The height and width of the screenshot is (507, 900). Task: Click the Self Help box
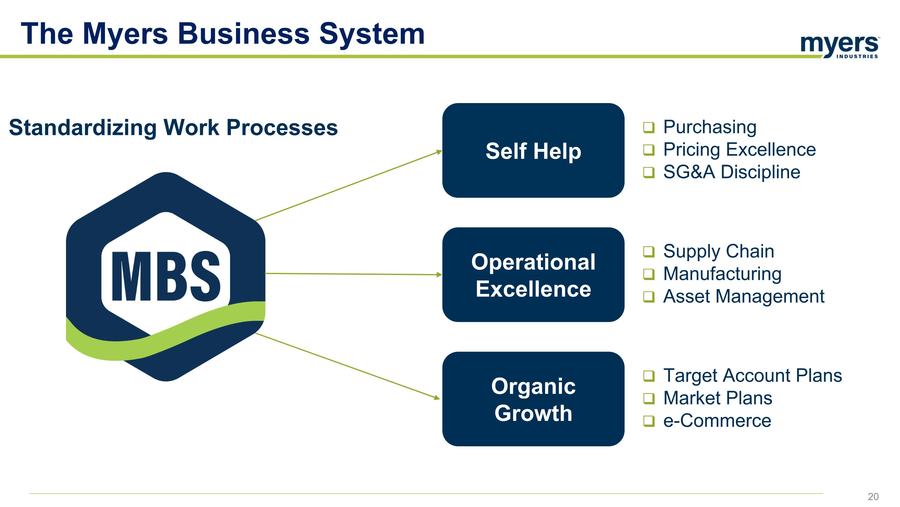tap(533, 151)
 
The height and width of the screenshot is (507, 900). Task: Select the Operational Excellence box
tap(533, 275)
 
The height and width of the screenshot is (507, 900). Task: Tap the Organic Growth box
tap(533, 399)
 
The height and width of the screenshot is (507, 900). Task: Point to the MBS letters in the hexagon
tap(166, 276)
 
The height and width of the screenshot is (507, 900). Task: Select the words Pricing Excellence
tap(739, 150)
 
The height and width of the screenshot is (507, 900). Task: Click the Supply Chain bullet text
tap(718, 251)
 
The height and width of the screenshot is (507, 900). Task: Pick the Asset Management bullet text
tap(743, 296)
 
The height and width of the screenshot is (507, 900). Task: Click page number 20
tap(873, 496)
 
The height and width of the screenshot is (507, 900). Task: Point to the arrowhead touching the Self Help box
tap(439, 152)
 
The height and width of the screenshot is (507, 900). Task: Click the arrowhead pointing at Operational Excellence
tap(439, 275)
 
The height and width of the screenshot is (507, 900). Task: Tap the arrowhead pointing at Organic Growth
tap(437, 398)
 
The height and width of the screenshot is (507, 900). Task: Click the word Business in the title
tap(244, 34)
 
